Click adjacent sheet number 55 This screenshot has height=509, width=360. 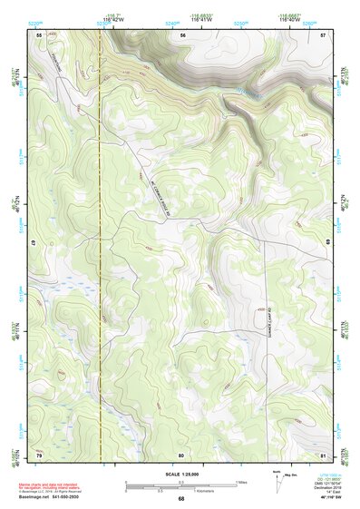(39, 34)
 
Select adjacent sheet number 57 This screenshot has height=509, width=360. (323, 34)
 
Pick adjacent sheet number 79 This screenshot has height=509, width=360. (39, 454)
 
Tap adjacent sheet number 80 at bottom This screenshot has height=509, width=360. (181, 454)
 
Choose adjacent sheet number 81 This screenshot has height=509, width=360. (323, 454)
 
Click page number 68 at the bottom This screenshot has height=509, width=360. (180, 498)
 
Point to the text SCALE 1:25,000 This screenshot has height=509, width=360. (180, 474)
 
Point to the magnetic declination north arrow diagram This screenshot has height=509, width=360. (277, 482)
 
